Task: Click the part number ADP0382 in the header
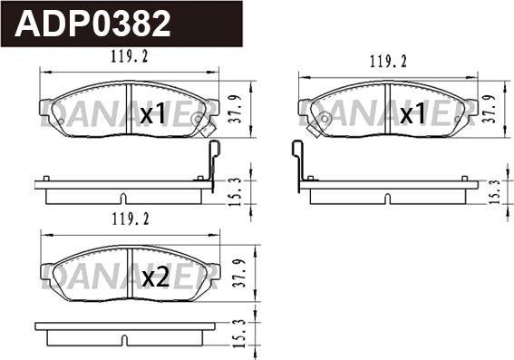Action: pyautogui.click(x=92, y=24)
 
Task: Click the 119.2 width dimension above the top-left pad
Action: pyautogui.click(x=129, y=56)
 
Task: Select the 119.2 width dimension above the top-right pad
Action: pyautogui.click(x=388, y=62)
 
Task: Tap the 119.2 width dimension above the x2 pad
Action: pyautogui.click(x=131, y=219)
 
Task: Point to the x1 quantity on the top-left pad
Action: pyautogui.click(x=152, y=113)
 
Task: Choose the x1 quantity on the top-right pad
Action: pyautogui.click(x=413, y=113)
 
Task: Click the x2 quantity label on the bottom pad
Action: pyautogui.click(x=156, y=277)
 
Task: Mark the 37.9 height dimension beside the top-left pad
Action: pyautogui.click(x=235, y=109)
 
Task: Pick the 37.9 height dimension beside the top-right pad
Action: pyautogui.click(x=490, y=109)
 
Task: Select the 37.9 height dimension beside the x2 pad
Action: pyautogui.click(x=239, y=273)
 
